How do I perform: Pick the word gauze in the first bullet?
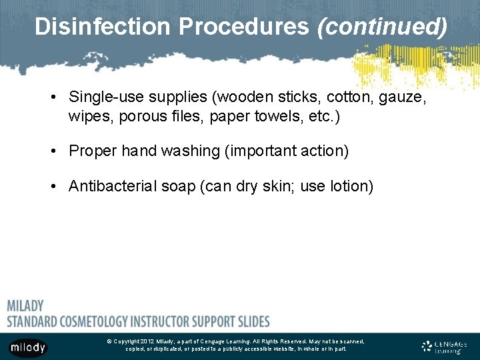(404, 97)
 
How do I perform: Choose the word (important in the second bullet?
(258, 151)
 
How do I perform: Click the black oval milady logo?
(27, 347)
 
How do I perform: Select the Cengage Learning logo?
(445, 347)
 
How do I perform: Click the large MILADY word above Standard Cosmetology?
(25, 306)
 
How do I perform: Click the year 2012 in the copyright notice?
(147, 341)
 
